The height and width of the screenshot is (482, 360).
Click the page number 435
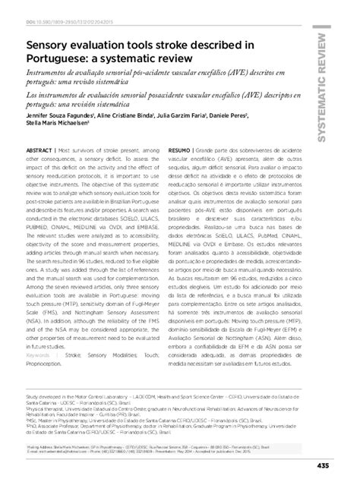(344, 467)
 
